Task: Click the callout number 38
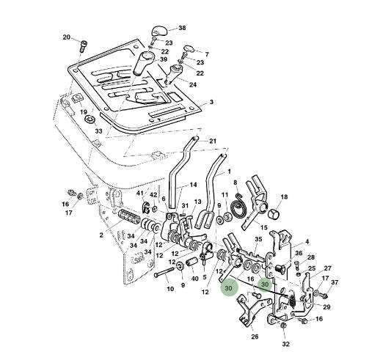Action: point(182,28)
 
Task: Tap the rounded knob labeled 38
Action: point(159,31)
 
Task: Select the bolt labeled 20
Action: point(83,45)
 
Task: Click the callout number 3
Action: point(211,102)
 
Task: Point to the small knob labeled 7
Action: point(189,48)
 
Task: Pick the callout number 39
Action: point(164,59)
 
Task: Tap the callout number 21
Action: point(213,141)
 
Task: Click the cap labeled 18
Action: point(274,213)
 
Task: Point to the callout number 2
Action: point(101,235)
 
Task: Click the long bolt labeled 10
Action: point(164,272)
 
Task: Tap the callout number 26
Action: point(255,337)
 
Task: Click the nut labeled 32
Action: point(284,326)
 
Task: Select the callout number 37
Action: point(335,282)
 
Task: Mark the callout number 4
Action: point(307,242)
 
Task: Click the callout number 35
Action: point(258,239)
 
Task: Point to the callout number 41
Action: point(140,193)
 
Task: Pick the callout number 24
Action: point(193,84)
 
